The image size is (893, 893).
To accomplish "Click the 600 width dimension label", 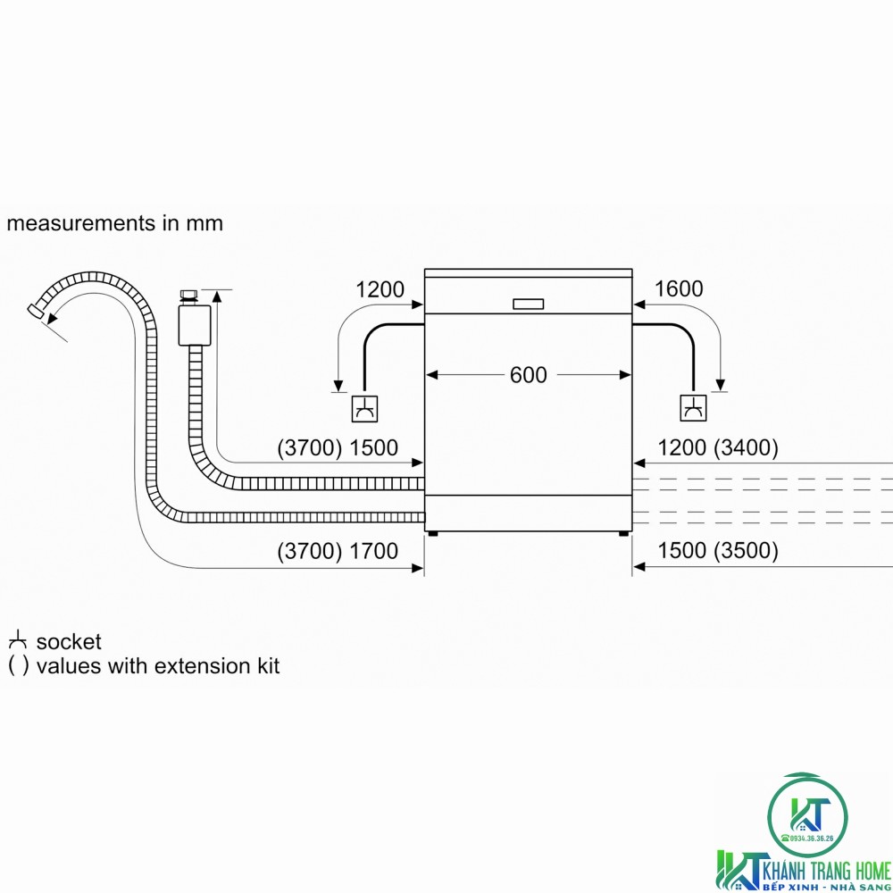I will pos(528,375).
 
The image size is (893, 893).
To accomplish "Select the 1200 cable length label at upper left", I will pos(380,289).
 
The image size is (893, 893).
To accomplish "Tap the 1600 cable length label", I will pos(679,289).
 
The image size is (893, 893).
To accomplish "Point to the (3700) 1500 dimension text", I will pos(338,448).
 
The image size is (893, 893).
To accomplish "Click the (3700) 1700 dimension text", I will pos(338,552).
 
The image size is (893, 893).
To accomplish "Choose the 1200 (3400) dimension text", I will pos(718,448).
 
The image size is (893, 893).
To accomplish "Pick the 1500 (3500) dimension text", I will pos(718,552).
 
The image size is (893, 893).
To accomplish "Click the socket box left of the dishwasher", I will pos(364,408).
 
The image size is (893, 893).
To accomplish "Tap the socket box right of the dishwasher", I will pos(693,408).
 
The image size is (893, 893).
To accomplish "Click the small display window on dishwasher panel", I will pos(528,304).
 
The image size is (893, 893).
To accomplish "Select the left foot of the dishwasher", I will pos(433,534).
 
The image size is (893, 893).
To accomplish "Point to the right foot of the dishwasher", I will pos(622,534).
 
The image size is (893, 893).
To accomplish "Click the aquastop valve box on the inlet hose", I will pos(193,326).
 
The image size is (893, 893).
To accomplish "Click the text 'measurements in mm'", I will pos(114,223).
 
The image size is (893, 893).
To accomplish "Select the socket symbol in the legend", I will pos(18,641).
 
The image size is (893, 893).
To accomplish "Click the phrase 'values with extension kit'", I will pos(158,666).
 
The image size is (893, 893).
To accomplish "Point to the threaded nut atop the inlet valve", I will pos(188,296).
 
